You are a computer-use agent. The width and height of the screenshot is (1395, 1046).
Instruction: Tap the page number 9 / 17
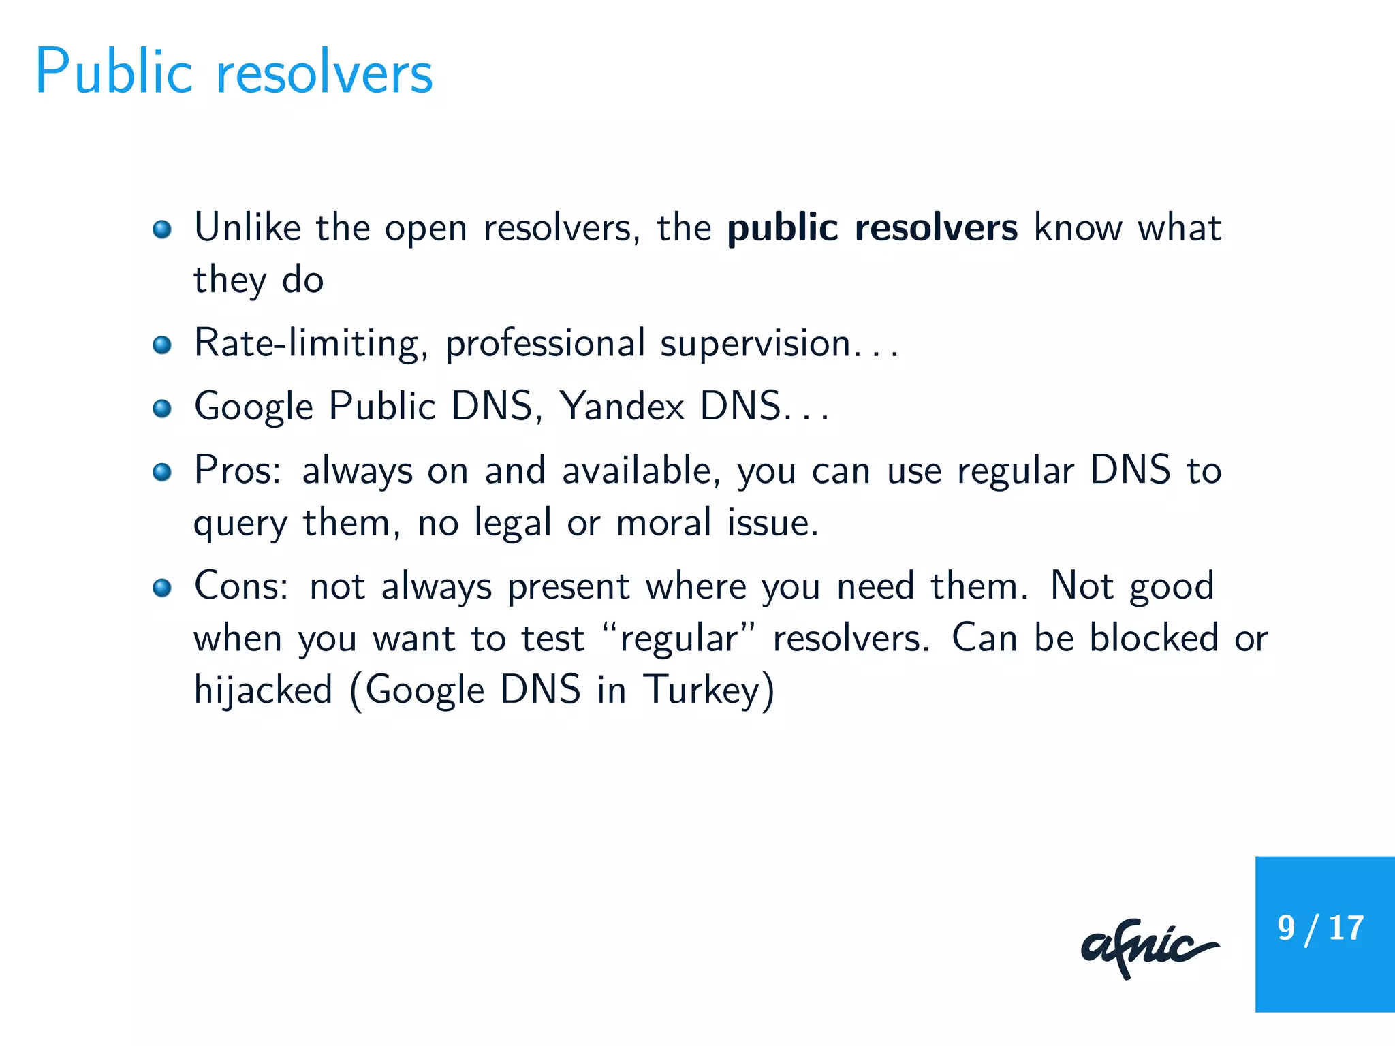[x=1320, y=928]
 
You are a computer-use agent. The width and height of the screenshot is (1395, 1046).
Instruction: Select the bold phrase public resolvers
[x=872, y=227]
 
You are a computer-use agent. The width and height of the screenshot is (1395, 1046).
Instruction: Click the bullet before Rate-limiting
[x=162, y=345]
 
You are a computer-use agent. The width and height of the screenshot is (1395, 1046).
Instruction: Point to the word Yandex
[x=621, y=407]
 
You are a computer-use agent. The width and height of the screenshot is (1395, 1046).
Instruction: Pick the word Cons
[x=241, y=586]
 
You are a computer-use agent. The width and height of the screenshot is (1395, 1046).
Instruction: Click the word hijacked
[x=263, y=690]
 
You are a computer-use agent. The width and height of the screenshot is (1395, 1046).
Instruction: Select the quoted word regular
[x=678, y=639]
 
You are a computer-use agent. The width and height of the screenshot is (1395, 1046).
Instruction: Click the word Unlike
[x=247, y=227]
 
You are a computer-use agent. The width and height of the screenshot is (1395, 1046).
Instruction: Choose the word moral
[x=663, y=523]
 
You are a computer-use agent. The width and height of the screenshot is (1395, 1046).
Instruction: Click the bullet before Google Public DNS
[x=162, y=409]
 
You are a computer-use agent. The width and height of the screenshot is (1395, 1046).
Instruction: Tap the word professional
[x=545, y=343]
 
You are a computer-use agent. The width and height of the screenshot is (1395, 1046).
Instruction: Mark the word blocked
[x=1153, y=638]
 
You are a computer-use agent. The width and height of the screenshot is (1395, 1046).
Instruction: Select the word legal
[x=512, y=523]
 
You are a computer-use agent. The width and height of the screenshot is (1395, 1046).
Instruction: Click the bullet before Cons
[x=162, y=587]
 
